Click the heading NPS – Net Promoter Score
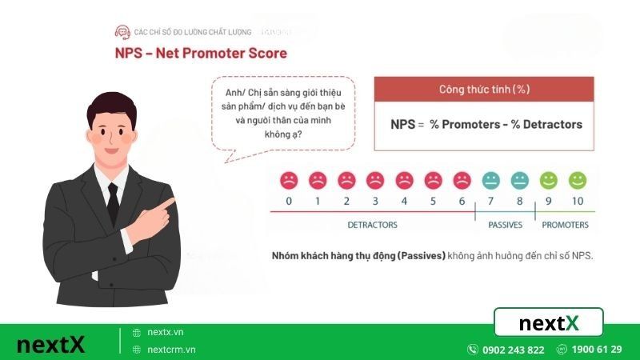point(201,54)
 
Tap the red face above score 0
point(289,179)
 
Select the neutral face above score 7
point(490,179)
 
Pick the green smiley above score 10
point(578,179)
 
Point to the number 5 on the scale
point(433,200)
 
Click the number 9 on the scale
point(548,200)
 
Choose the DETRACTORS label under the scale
point(372,225)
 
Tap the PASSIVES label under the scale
point(506,225)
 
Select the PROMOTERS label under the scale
point(565,225)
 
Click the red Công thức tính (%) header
point(484,88)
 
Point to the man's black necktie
point(113,200)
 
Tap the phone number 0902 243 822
point(513,350)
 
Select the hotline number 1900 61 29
point(595,350)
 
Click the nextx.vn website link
point(166,332)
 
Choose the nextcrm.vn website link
point(171,350)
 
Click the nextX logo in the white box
point(548,323)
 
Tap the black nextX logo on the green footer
point(50,345)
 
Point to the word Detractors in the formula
point(553,124)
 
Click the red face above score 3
point(375,179)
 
